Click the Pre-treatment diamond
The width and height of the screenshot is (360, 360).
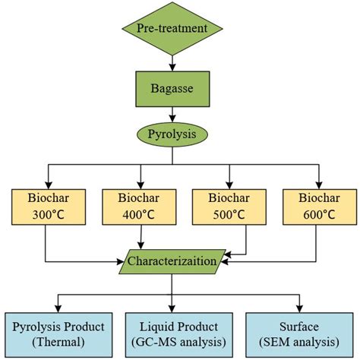coord(173,30)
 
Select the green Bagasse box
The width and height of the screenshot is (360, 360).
coord(173,88)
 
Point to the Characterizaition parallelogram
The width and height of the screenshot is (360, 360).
coord(173,261)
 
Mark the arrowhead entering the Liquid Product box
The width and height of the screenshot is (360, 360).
coord(173,307)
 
